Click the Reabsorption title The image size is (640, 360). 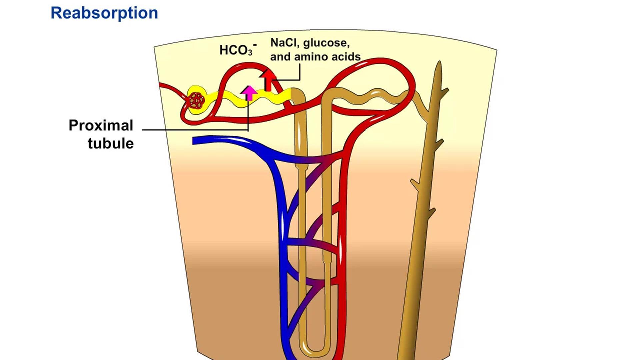click(104, 13)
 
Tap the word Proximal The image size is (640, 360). click(101, 125)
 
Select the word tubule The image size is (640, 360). click(111, 143)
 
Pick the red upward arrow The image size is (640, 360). click(268, 80)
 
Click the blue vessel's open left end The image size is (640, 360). click(195, 141)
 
